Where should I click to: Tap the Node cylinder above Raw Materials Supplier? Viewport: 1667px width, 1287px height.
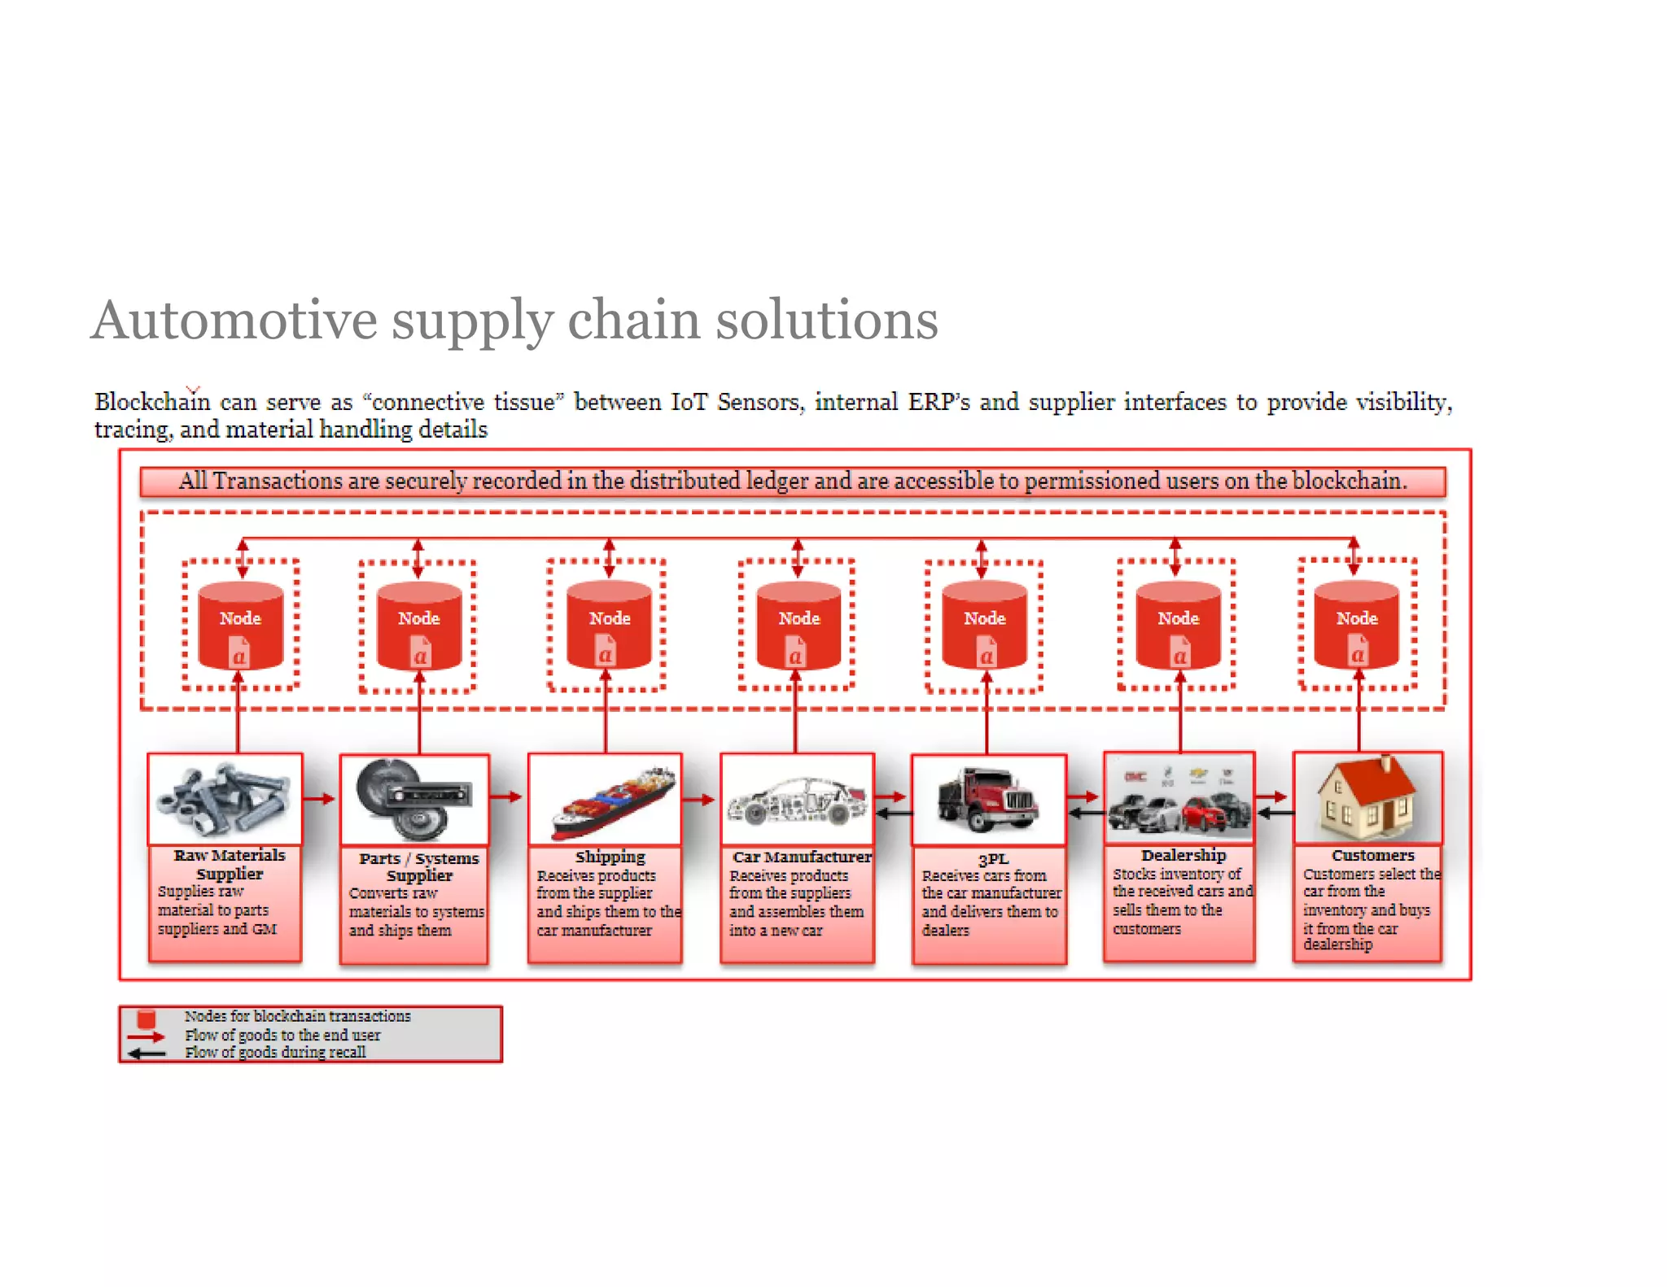tap(240, 625)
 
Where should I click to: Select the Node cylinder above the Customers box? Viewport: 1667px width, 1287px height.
tap(1356, 625)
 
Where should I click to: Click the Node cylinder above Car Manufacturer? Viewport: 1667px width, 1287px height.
tap(798, 625)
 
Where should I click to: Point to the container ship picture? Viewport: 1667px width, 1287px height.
tap(612, 802)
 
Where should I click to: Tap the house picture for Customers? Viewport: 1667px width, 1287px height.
tap(1367, 797)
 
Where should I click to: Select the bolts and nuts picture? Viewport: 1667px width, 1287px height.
tap(225, 800)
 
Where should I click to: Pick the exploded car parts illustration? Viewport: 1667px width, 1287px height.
tap(797, 801)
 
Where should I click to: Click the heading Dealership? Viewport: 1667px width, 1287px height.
tap(1183, 855)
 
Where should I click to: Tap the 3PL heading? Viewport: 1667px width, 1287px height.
tap(992, 859)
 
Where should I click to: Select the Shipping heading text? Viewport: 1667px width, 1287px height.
tap(610, 857)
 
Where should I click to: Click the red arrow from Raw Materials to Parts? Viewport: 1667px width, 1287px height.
tap(320, 799)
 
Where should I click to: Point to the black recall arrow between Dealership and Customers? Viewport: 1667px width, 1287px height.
tap(1275, 812)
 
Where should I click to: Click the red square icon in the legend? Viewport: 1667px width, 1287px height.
tap(147, 1019)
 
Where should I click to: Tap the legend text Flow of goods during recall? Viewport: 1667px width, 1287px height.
tap(275, 1053)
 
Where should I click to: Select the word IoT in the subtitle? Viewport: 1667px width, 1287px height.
tap(689, 402)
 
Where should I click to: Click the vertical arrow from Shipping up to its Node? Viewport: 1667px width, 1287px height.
tap(606, 716)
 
